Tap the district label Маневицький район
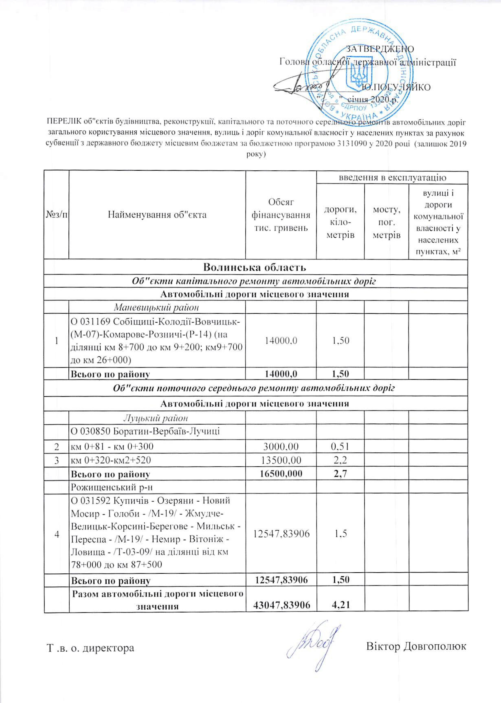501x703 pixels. point(157,307)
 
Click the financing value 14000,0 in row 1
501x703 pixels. point(281,340)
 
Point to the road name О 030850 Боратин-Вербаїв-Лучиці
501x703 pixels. point(145,431)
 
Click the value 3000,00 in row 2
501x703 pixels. point(281,446)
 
